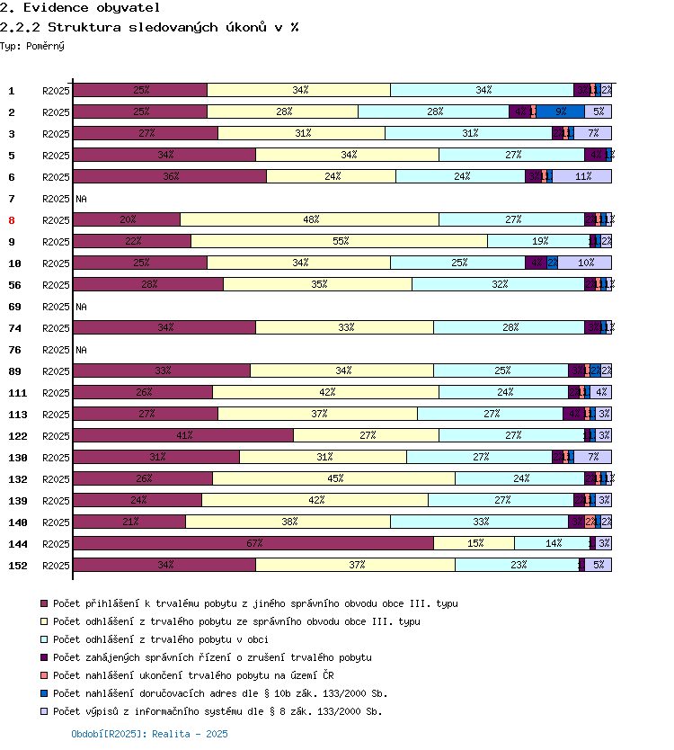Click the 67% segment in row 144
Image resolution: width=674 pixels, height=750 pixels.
pos(253,543)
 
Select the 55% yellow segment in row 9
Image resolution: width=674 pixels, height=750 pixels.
pos(340,241)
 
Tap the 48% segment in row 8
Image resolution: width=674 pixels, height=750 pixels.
pos(310,219)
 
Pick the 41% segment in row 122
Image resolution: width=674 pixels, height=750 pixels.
pos(183,435)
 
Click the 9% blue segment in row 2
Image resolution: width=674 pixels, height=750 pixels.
pos(561,112)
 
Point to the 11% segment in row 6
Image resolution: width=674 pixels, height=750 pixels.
pos(582,176)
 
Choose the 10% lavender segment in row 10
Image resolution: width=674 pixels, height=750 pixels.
pos(585,263)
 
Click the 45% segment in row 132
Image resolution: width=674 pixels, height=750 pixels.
pos(334,478)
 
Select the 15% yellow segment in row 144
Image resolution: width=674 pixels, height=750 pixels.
pos(474,543)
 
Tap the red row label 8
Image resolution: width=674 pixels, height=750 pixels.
pos(12,220)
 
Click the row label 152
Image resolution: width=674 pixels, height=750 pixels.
pos(18,566)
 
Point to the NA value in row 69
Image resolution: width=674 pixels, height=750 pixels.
pos(81,307)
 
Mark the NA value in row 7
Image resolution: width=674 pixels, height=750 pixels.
pos(81,199)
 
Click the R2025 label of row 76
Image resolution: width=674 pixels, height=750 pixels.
pos(56,350)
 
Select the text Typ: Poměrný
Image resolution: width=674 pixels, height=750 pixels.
pos(32,45)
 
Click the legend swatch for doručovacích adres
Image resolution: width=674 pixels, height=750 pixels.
pos(44,693)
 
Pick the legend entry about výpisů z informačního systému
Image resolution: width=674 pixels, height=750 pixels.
pos(217,711)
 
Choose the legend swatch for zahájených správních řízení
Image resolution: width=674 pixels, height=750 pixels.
pos(44,657)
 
